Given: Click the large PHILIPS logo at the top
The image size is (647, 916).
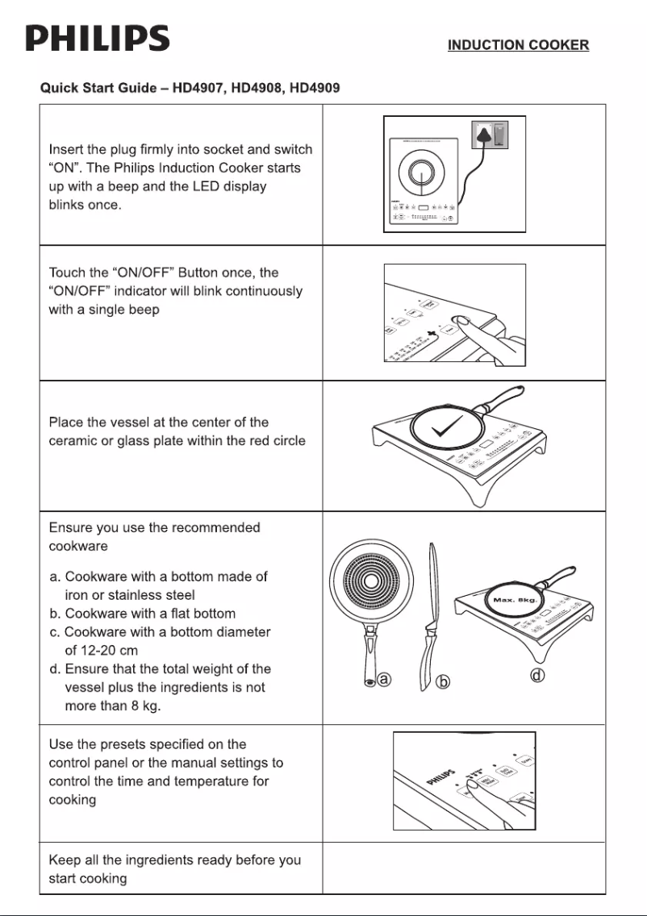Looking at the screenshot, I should [x=97, y=39].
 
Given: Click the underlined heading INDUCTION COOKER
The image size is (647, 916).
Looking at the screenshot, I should [x=518, y=45].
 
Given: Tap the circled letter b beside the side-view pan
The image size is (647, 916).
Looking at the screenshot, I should [x=442, y=682].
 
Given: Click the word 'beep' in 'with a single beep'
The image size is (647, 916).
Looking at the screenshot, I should [x=143, y=310].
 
